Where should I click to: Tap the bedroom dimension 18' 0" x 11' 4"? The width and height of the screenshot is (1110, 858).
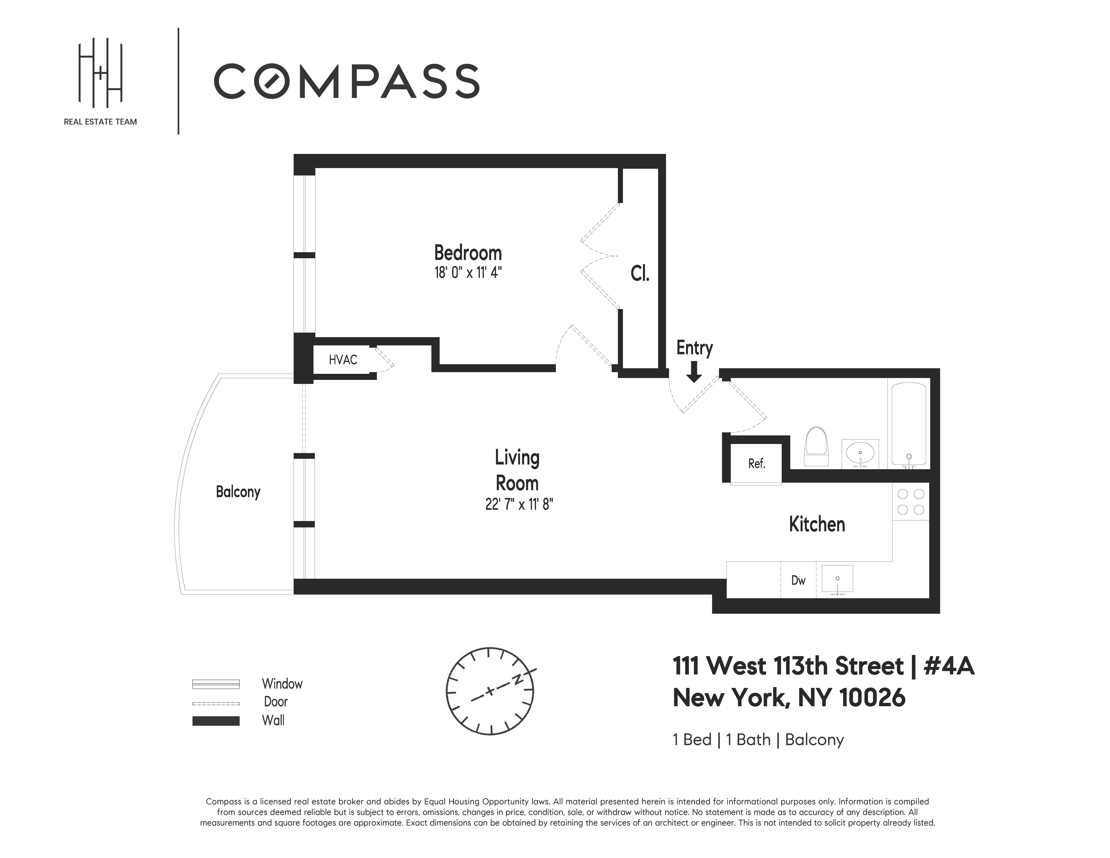[468, 273]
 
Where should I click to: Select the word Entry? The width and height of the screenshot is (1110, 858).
[694, 348]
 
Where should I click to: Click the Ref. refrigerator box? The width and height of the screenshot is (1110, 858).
[756, 463]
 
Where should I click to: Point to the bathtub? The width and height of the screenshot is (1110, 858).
[909, 424]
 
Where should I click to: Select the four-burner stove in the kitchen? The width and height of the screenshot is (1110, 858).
[911, 502]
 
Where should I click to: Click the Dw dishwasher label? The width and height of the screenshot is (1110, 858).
[798, 580]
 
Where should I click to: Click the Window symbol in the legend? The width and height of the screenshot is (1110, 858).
[215, 684]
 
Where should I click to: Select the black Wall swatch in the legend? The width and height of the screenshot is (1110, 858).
[215, 721]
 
